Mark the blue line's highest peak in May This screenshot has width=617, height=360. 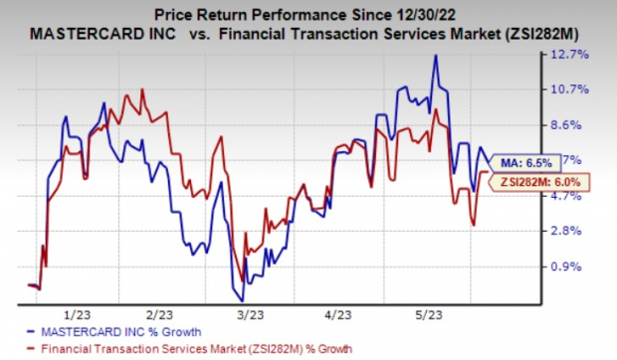[x=435, y=56]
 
